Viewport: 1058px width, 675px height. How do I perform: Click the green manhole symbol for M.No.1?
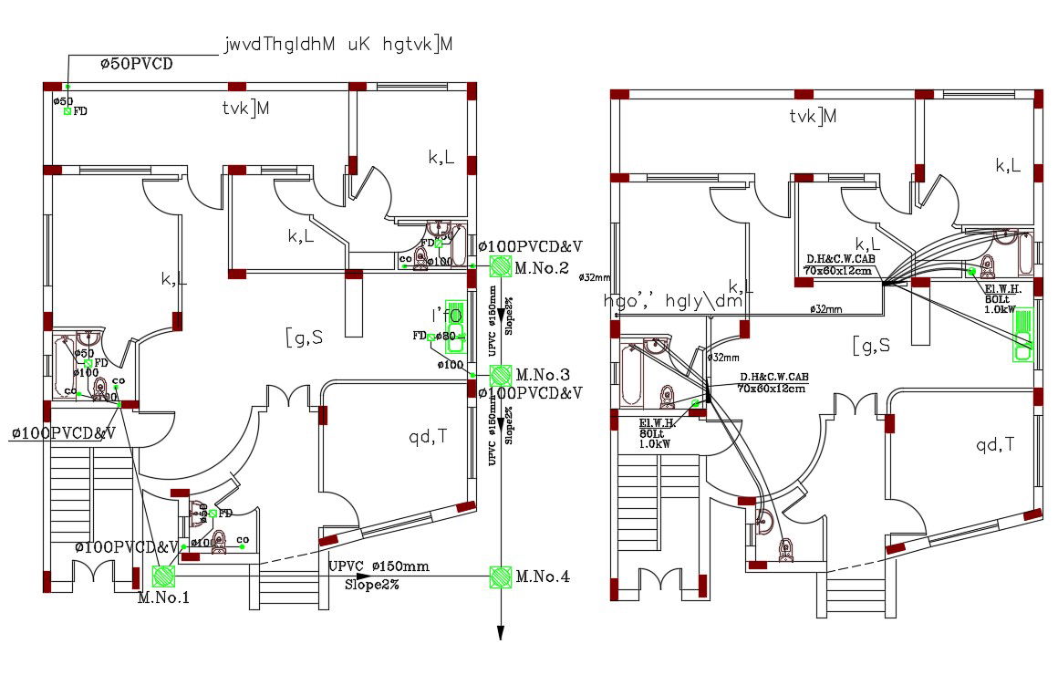click(164, 576)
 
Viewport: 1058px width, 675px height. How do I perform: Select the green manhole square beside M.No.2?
click(500, 266)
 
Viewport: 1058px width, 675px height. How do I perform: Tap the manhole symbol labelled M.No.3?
click(500, 375)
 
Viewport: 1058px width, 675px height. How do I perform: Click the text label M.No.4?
click(542, 576)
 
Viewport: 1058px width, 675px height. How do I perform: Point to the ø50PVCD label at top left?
click(136, 64)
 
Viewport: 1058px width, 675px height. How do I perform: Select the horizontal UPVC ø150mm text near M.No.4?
click(379, 566)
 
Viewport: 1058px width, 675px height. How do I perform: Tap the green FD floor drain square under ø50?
click(67, 111)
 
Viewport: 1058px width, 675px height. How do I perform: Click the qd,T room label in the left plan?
click(428, 436)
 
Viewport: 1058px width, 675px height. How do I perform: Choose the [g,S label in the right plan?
click(871, 345)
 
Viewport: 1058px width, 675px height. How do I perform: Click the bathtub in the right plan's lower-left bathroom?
click(632, 374)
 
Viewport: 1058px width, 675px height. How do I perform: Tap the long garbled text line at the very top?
click(338, 45)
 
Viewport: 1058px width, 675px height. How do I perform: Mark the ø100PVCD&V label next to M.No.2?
click(530, 246)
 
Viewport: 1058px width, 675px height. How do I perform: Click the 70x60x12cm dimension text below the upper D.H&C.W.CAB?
click(836, 270)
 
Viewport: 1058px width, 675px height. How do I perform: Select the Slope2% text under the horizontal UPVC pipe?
click(371, 585)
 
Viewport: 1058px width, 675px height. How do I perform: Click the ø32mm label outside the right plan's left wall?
click(594, 277)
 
